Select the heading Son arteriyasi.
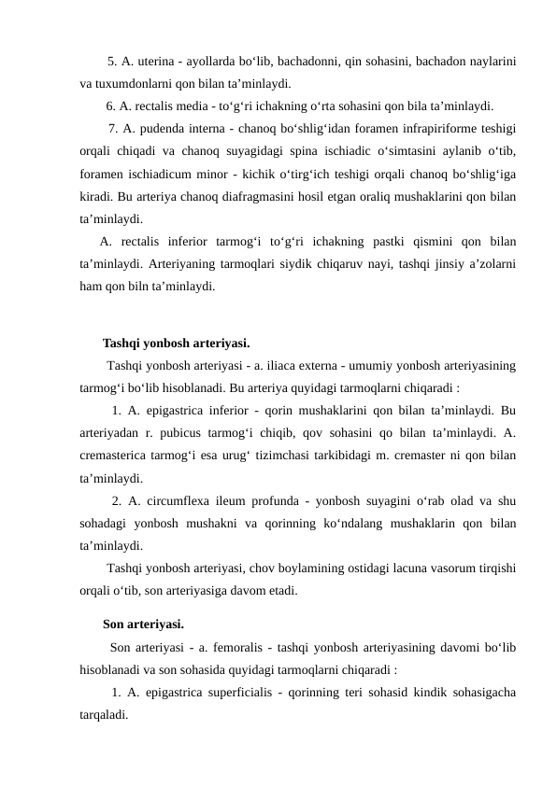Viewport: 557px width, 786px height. [143, 623]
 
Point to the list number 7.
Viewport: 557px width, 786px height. [113, 128]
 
